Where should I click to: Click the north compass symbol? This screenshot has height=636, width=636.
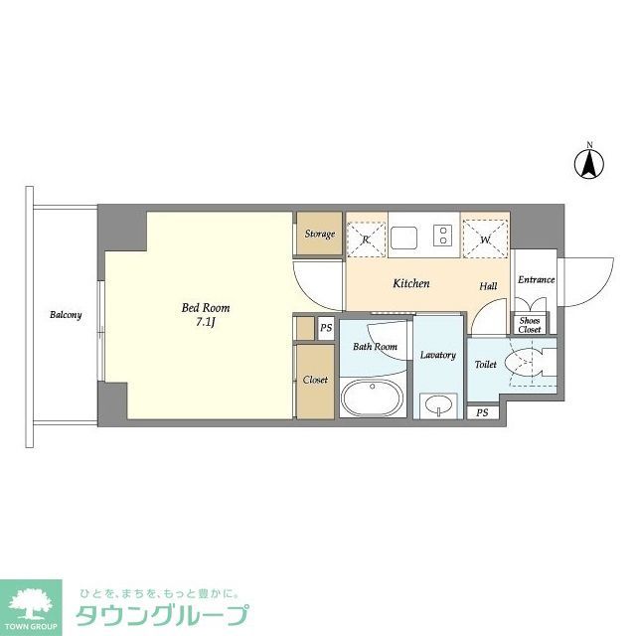(588, 162)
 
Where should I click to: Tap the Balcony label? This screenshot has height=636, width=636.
(67, 315)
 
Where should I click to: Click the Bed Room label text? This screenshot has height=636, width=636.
(206, 308)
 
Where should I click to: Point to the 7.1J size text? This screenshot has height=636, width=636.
(206, 324)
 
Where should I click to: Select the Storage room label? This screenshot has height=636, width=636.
(319, 235)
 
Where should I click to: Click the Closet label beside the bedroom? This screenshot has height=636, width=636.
(315, 380)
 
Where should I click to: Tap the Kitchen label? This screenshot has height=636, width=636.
(410, 284)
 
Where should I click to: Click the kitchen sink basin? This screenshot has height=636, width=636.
(404, 237)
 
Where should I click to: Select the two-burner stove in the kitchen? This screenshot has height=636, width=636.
(441, 237)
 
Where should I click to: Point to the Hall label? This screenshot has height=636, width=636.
(488, 286)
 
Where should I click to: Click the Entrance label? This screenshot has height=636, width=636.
(536, 279)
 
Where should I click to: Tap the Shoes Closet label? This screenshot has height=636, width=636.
(530, 324)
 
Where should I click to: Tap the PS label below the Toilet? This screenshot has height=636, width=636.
(482, 412)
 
